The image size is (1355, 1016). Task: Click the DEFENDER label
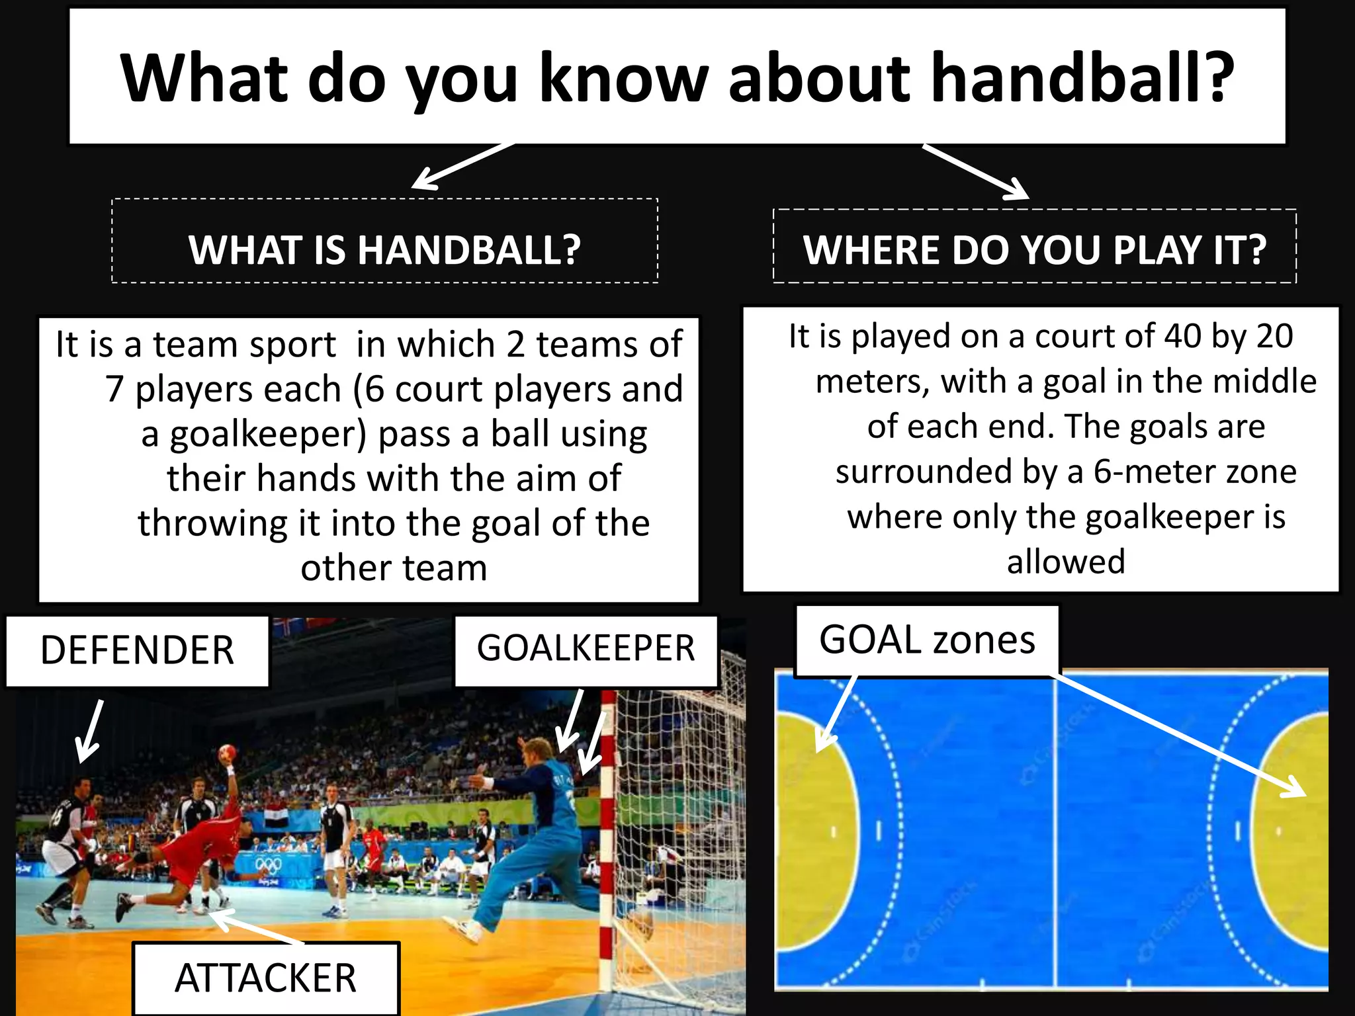(137, 651)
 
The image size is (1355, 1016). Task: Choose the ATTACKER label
(265, 978)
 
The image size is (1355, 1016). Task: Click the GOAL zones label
(926, 640)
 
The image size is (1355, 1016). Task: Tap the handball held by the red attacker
(227, 752)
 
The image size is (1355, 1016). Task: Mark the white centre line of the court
(1055, 833)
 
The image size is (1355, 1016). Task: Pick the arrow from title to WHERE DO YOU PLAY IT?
(977, 171)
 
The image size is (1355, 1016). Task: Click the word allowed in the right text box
(1065, 562)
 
